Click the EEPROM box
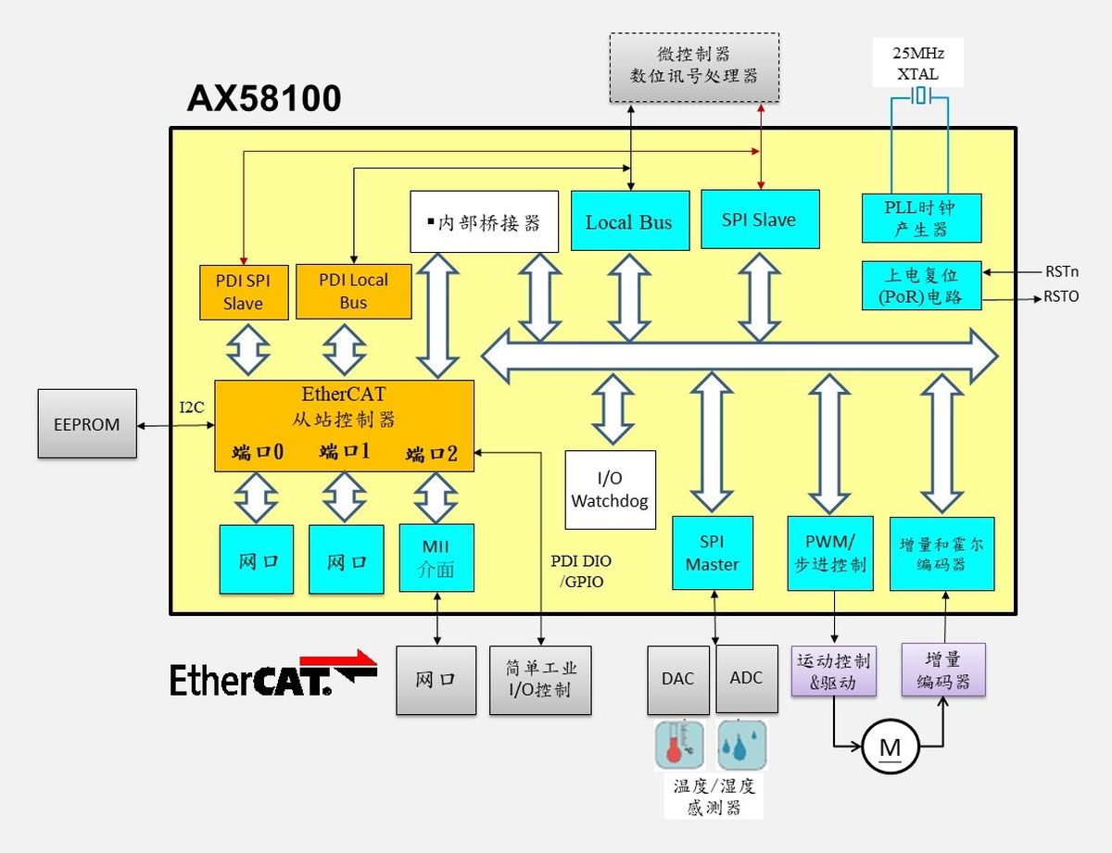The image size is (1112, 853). tap(87, 423)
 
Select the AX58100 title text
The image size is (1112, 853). tap(264, 98)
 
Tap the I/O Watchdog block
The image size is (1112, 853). tap(610, 489)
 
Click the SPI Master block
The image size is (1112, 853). tap(712, 553)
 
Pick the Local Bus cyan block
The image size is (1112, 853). tap(630, 221)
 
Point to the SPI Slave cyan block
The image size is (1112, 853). tap(760, 220)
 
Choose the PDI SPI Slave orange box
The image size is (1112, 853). tap(244, 293)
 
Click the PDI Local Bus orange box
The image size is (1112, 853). tap(354, 292)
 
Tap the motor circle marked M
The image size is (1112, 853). tap(891, 747)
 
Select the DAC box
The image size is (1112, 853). tap(678, 680)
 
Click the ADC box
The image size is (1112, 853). tap(747, 679)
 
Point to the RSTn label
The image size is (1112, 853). tap(1062, 271)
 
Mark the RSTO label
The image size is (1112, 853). tap(1061, 296)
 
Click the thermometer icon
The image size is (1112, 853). tap(679, 745)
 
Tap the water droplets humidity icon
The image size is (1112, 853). tap(742, 745)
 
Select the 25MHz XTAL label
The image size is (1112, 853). tap(918, 63)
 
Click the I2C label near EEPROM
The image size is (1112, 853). tap(192, 408)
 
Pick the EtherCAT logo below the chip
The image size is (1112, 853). tap(273, 674)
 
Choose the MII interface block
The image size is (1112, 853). tap(436, 558)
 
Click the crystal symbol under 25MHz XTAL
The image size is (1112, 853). tap(920, 95)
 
